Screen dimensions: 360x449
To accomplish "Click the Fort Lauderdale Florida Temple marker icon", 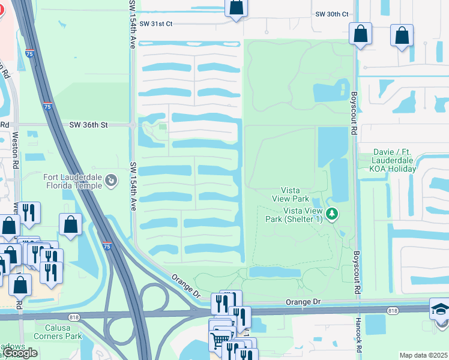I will tap(110, 180).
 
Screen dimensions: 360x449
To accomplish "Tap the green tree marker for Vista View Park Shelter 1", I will tap(331, 213).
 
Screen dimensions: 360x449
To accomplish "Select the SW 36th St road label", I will tap(88, 125).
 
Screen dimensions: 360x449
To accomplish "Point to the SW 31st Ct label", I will tap(155, 23).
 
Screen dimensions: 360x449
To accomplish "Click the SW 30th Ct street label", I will tap(332, 14).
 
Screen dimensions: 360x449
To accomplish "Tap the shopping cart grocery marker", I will tap(220, 340).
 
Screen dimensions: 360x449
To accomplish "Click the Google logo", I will tap(20, 353).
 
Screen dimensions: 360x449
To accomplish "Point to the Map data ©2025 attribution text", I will tap(423, 355).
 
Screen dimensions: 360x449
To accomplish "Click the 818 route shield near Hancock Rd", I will tap(393, 311).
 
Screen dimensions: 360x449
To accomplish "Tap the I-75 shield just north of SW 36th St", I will tap(47, 106).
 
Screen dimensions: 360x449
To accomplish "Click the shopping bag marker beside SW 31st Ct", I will tap(236, 7).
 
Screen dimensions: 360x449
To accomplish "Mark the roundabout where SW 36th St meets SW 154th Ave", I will tap(132, 125).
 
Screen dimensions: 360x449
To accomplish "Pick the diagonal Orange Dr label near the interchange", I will tap(184, 286).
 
